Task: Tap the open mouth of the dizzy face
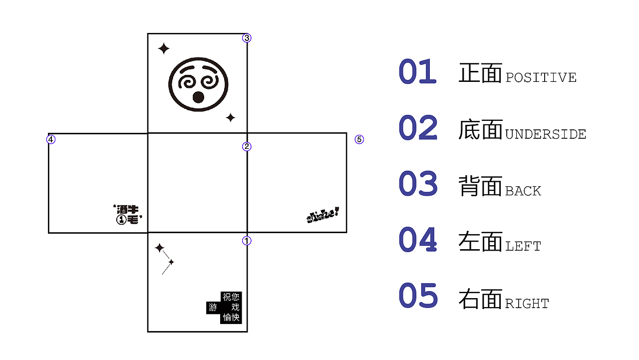coord(198,97)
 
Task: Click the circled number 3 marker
coord(247,38)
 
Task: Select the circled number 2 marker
coord(247,146)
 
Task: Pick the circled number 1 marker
coord(247,241)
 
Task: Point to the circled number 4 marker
coord(51,139)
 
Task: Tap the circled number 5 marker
coord(359,139)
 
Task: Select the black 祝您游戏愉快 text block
coord(225,307)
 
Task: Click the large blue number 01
coord(418,72)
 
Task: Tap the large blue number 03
coord(418,184)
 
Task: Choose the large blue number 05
coord(418,296)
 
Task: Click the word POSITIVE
coord(541,78)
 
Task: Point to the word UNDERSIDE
coord(546,134)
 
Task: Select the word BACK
coord(523,191)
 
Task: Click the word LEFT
coord(523,246)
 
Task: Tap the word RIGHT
coord(527,304)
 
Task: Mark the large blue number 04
coord(418,240)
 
